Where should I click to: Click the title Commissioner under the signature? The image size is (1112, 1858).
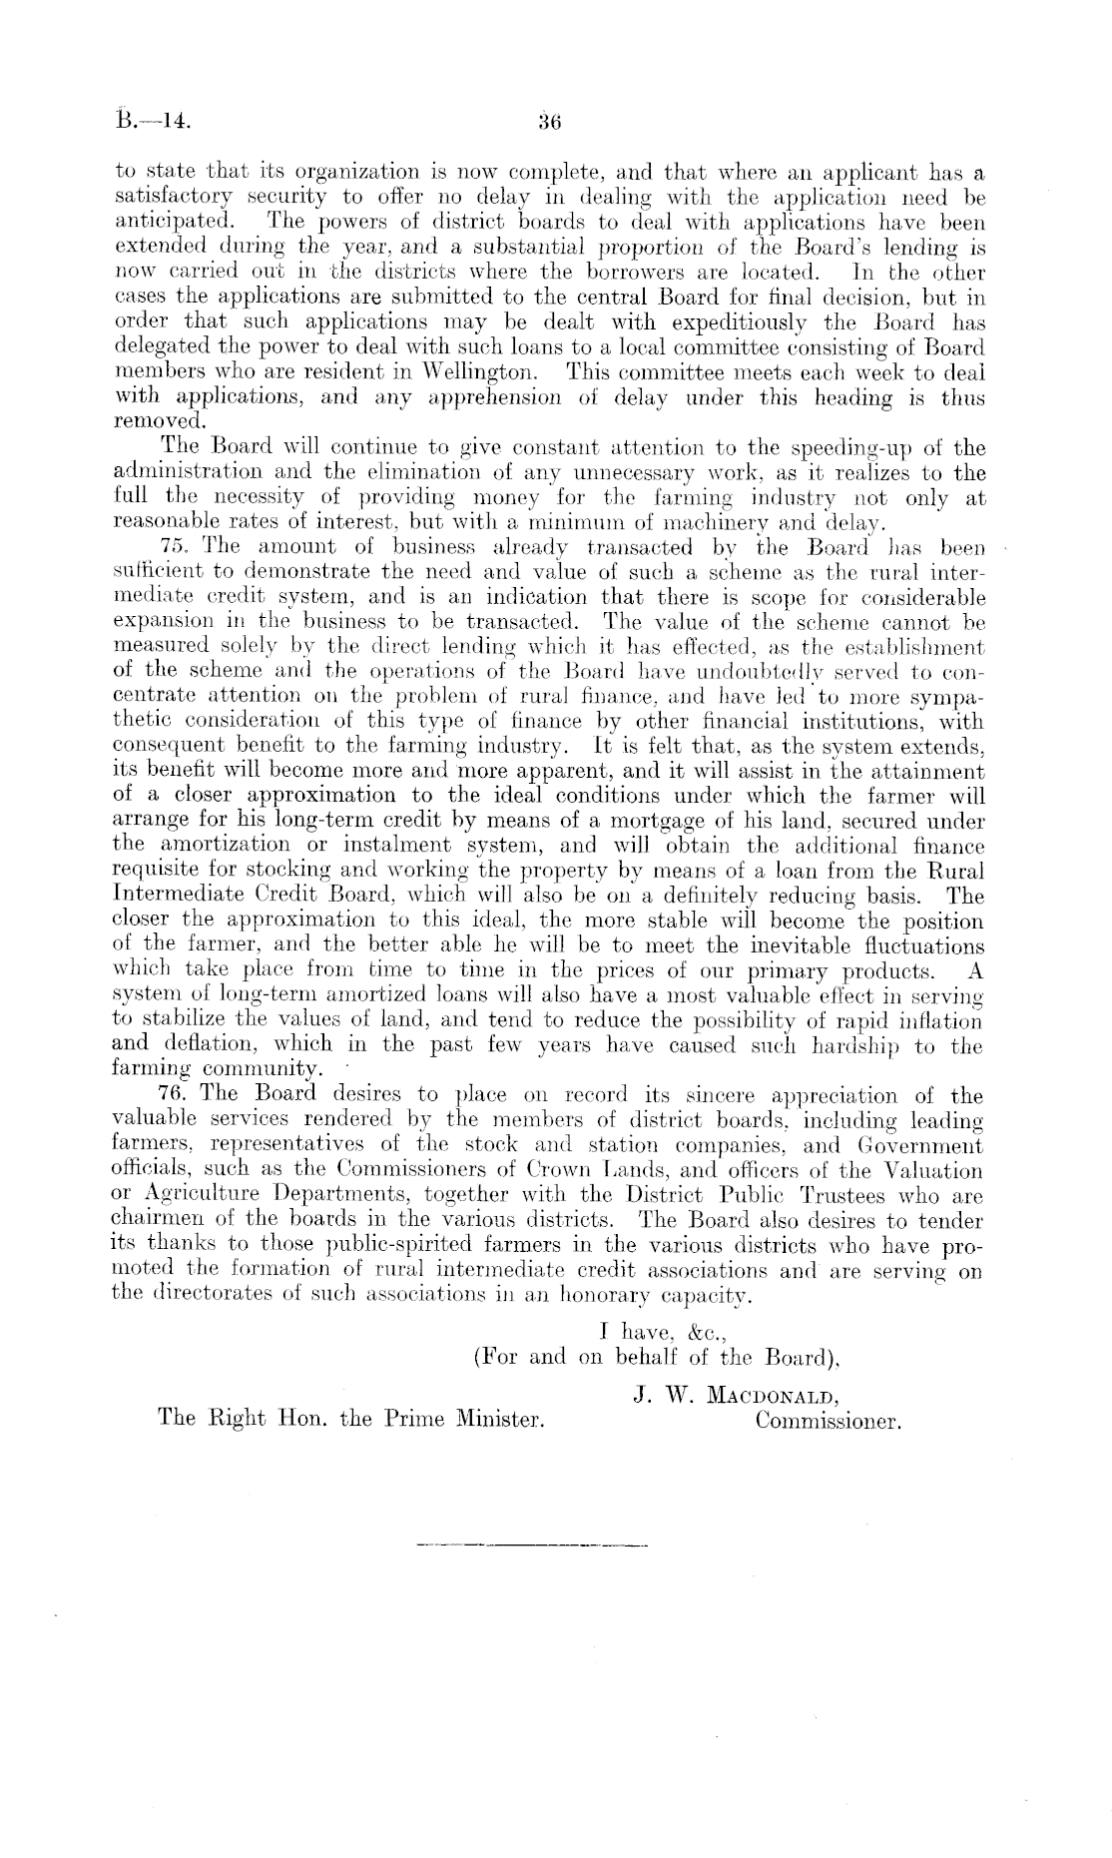click(829, 1419)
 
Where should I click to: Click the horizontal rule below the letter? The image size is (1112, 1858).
click(529, 1548)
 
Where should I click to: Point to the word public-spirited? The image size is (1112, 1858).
click(393, 1246)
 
